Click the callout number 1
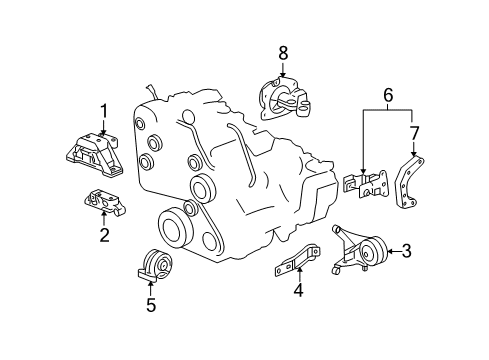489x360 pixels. click(x=102, y=110)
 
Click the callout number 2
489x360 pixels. click(x=102, y=236)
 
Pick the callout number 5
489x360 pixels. click(x=151, y=305)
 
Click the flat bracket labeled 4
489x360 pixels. click(x=297, y=263)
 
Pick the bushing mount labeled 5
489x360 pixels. click(x=154, y=265)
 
